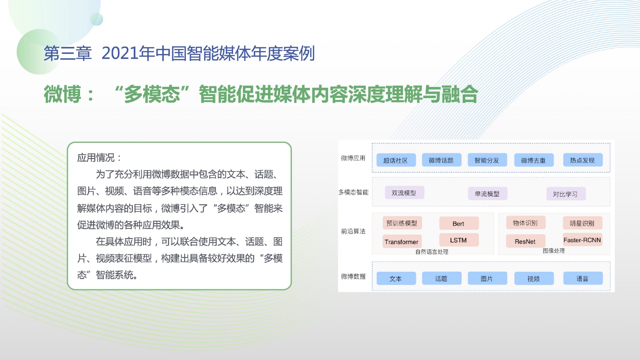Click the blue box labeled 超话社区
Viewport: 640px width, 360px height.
396,160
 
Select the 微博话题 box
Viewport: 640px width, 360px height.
441,160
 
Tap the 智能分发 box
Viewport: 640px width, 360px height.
487,160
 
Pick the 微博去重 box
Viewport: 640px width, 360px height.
534,160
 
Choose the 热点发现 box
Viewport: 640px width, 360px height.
582,160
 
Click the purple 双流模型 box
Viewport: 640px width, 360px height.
404,192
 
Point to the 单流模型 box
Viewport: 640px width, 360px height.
487,193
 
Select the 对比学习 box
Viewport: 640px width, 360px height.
566,194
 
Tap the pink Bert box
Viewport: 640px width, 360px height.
459,223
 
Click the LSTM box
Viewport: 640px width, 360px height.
459,240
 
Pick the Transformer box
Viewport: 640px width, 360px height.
402,241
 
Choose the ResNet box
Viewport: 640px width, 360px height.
526,241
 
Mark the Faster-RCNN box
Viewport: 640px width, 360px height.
582,239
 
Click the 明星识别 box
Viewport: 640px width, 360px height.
582,223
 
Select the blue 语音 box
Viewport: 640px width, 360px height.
582,278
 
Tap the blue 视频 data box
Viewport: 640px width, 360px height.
534,278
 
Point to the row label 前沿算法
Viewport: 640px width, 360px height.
353,231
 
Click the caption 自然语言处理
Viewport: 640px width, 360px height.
432,252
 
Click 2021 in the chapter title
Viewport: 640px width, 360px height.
120,53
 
